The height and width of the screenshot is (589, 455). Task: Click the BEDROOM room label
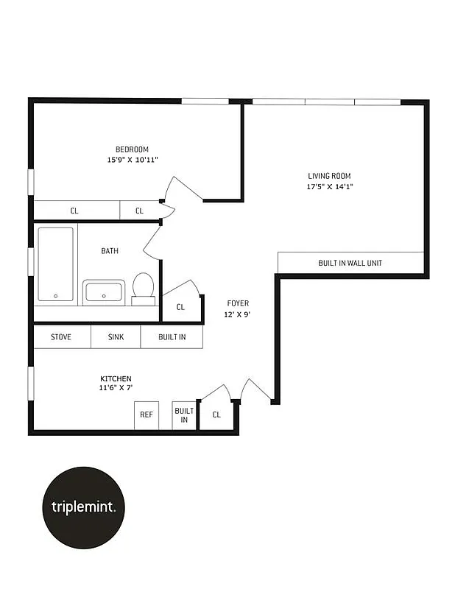132,149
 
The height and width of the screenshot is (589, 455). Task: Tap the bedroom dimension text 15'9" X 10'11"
132,160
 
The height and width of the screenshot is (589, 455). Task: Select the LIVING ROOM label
329,176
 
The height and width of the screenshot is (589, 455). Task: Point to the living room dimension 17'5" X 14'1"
329,186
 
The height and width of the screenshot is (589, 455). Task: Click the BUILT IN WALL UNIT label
350,263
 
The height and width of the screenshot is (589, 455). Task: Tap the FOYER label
237,303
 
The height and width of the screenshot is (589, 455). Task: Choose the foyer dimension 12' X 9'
237,314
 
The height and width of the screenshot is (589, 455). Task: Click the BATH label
110,251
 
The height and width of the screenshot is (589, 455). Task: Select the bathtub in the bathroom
56,264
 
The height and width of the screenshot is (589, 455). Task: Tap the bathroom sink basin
104,292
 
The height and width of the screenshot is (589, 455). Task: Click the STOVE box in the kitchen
61,337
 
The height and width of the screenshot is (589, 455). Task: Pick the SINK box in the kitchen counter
116,337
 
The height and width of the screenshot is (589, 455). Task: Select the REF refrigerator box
146,415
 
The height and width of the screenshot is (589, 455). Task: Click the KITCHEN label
116,378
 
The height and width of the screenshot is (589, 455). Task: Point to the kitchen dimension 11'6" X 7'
116,388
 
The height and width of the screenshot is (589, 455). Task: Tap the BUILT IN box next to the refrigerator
183,415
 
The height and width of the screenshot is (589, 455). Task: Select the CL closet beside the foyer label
181,307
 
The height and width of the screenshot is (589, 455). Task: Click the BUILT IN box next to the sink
172,337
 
